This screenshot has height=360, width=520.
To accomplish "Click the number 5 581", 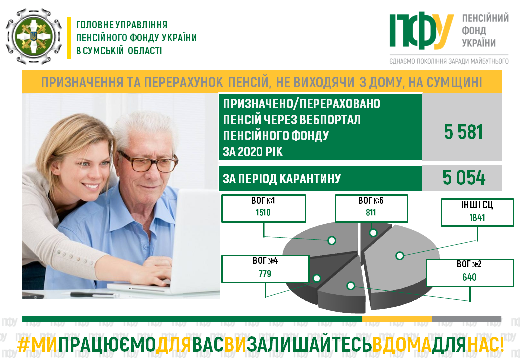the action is (x=463, y=132).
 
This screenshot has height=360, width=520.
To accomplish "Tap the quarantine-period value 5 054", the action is (x=464, y=178).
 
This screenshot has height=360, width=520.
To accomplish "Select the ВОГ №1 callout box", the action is (x=263, y=208).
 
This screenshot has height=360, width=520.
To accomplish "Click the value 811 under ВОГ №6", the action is (x=371, y=212).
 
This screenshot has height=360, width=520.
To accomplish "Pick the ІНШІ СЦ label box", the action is (x=477, y=212).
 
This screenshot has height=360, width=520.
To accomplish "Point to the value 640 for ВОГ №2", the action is (x=469, y=277).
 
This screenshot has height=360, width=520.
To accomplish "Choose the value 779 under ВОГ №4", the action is (x=265, y=274).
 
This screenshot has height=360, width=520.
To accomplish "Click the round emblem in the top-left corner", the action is (x=34, y=36).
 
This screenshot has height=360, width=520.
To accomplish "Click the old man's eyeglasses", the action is (x=148, y=161).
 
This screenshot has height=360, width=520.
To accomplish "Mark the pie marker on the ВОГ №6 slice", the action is (x=373, y=233).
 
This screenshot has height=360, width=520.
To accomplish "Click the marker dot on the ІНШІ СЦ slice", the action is (x=400, y=256).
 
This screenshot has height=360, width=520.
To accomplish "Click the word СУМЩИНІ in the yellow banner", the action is (x=454, y=82).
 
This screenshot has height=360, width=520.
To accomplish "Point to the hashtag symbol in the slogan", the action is (x=24, y=345).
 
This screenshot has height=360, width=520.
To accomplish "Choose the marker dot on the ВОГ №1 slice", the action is (x=332, y=240).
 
